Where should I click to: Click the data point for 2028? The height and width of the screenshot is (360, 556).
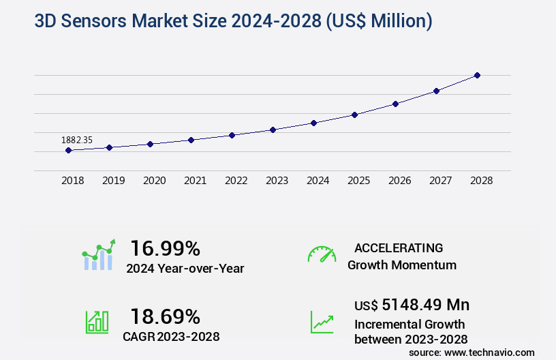click(477, 75)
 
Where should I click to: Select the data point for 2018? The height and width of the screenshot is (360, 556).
click(69, 150)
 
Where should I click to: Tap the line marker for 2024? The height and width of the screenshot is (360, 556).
click(313, 123)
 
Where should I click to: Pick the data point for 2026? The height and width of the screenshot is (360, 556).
click(395, 104)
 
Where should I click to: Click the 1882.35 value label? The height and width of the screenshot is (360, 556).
click(77, 140)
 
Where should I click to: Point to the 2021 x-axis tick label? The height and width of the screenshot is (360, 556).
click(196, 181)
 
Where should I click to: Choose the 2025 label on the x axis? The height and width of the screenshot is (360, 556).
click(358, 181)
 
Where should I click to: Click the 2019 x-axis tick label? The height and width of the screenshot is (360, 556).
click(114, 181)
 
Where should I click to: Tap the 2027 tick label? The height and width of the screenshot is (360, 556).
click(440, 181)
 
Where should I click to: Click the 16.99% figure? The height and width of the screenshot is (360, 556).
click(165, 247)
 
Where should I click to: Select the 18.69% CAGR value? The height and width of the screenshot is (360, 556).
click(165, 316)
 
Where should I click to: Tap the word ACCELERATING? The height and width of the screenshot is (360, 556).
click(399, 247)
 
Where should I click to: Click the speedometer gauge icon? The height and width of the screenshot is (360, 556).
click(322, 254)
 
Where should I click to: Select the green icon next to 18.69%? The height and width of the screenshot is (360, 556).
click(97, 322)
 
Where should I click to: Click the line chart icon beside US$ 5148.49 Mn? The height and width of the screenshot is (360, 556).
click(322, 322)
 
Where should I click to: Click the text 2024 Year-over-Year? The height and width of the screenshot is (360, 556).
click(185, 269)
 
